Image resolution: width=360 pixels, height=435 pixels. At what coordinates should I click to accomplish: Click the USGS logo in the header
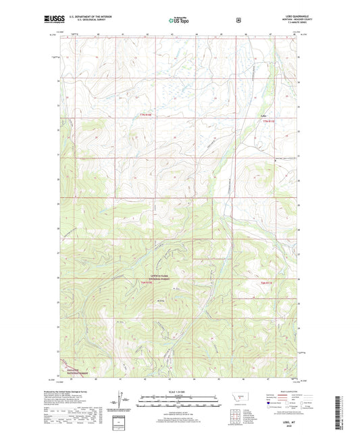click(x=51, y=20)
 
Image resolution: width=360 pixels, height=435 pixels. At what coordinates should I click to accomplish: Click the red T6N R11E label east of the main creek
click(x=268, y=282)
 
